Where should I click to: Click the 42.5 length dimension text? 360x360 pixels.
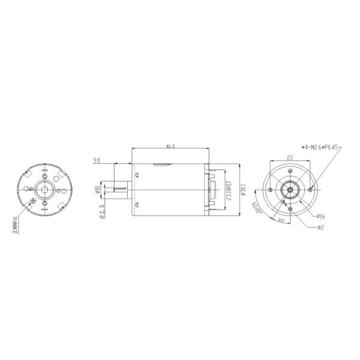(x=170, y=145)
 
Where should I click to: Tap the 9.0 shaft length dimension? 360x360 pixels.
(x=96, y=160)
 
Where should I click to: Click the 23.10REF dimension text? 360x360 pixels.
(x=229, y=191)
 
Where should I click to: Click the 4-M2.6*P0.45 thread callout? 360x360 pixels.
(x=322, y=146)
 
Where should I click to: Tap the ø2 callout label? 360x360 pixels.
(x=320, y=227)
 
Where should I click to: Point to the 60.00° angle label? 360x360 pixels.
(x=257, y=211)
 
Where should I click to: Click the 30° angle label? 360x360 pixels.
(x=281, y=220)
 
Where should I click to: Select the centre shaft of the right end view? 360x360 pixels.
(x=290, y=190)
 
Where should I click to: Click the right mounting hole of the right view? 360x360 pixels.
(x=310, y=190)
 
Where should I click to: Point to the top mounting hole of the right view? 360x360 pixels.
(x=290, y=170)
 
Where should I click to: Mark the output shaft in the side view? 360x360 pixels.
(x=118, y=190)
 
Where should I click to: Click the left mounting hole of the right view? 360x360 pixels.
(x=271, y=190)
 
